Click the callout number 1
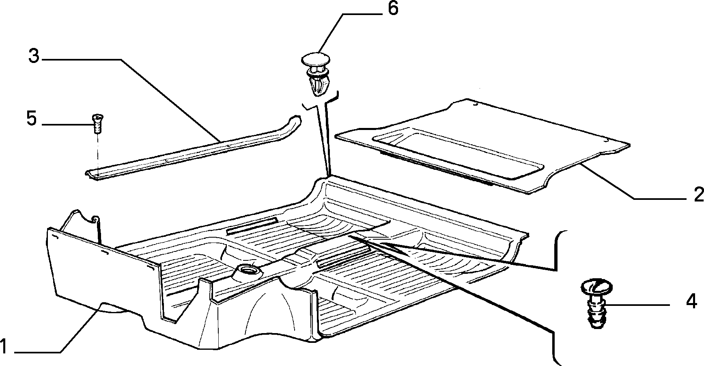[x=4, y=347]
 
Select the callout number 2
[x=698, y=195]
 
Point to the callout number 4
[x=691, y=302]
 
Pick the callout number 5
[x=32, y=118]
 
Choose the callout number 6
[x=393, y=9]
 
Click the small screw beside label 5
[x=96, y=123]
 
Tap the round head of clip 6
[x=315, y=60]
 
